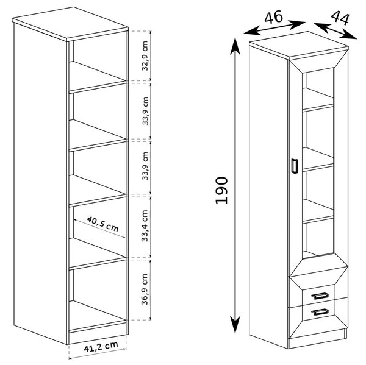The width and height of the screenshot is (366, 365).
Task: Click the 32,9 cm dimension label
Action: pyautogui.click(x=145, y=55)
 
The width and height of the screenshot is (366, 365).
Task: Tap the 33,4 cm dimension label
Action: pyautogui.click(x=145, y=225)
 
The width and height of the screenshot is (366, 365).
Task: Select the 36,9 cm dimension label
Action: pyautogui.click(x=145, y=289)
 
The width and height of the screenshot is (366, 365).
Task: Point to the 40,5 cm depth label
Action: pyautogui.click(x=102, y=224)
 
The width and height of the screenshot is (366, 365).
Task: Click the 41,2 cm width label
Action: pyautogui.click(x=101, y=347)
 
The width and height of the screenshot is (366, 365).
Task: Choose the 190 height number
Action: pyautogui.click(x=221, y=191)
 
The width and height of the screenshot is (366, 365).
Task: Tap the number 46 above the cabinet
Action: pyautogui.click(x=273, y=17)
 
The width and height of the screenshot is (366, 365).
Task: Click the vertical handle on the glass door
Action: pyautogui.click(x=295, y=166)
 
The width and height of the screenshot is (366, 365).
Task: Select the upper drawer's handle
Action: pyautogui.click(x=320, y=296)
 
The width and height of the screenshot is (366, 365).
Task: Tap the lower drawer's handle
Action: pyautogui.click(x=320, y=311)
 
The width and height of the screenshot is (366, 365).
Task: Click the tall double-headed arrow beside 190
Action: pyautogui.click(x=235, y=185)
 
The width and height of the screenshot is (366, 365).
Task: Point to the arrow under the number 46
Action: pyautogui.click(x=274, y=28)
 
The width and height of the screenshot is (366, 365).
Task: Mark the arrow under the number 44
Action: pyautogui.click(x=335, y=30)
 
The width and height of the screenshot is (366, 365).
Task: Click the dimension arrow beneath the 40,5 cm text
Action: pyautogui.click(x=99, y=229)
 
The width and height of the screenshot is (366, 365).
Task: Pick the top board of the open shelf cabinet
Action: pyautogui.click(x=70, y=24)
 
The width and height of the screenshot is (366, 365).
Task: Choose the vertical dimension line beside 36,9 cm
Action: pyautogui.click(x=151, y=289)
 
